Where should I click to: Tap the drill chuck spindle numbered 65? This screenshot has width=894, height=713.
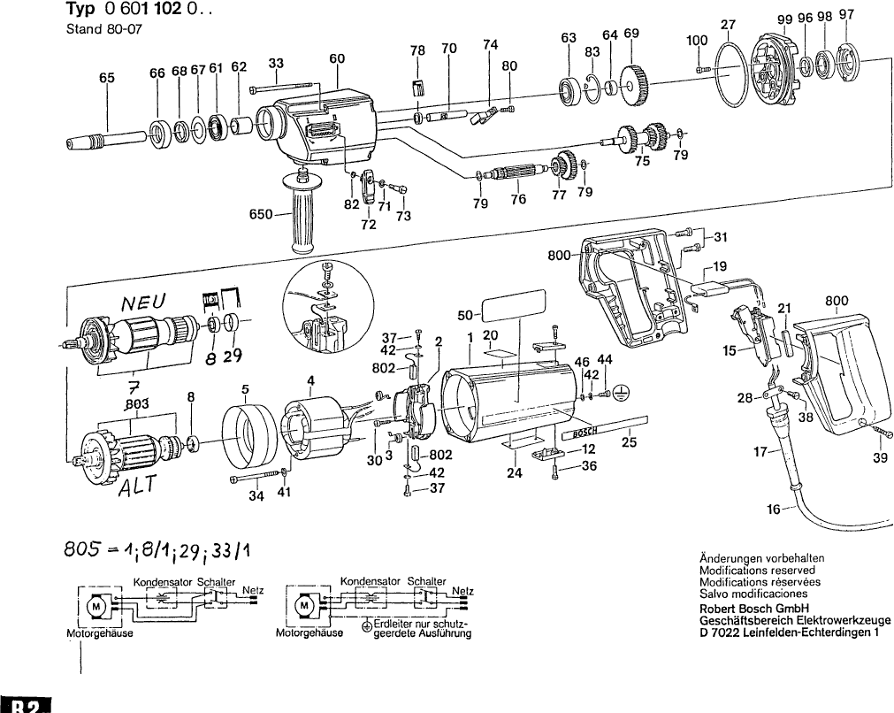coord(102,141)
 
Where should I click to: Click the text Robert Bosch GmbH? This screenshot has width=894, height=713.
coord(753,609)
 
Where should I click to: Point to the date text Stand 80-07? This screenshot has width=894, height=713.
coord(104,29)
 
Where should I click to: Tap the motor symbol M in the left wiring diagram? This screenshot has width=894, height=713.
coord(95,607)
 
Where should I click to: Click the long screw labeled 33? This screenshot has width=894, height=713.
coord(284,88)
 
